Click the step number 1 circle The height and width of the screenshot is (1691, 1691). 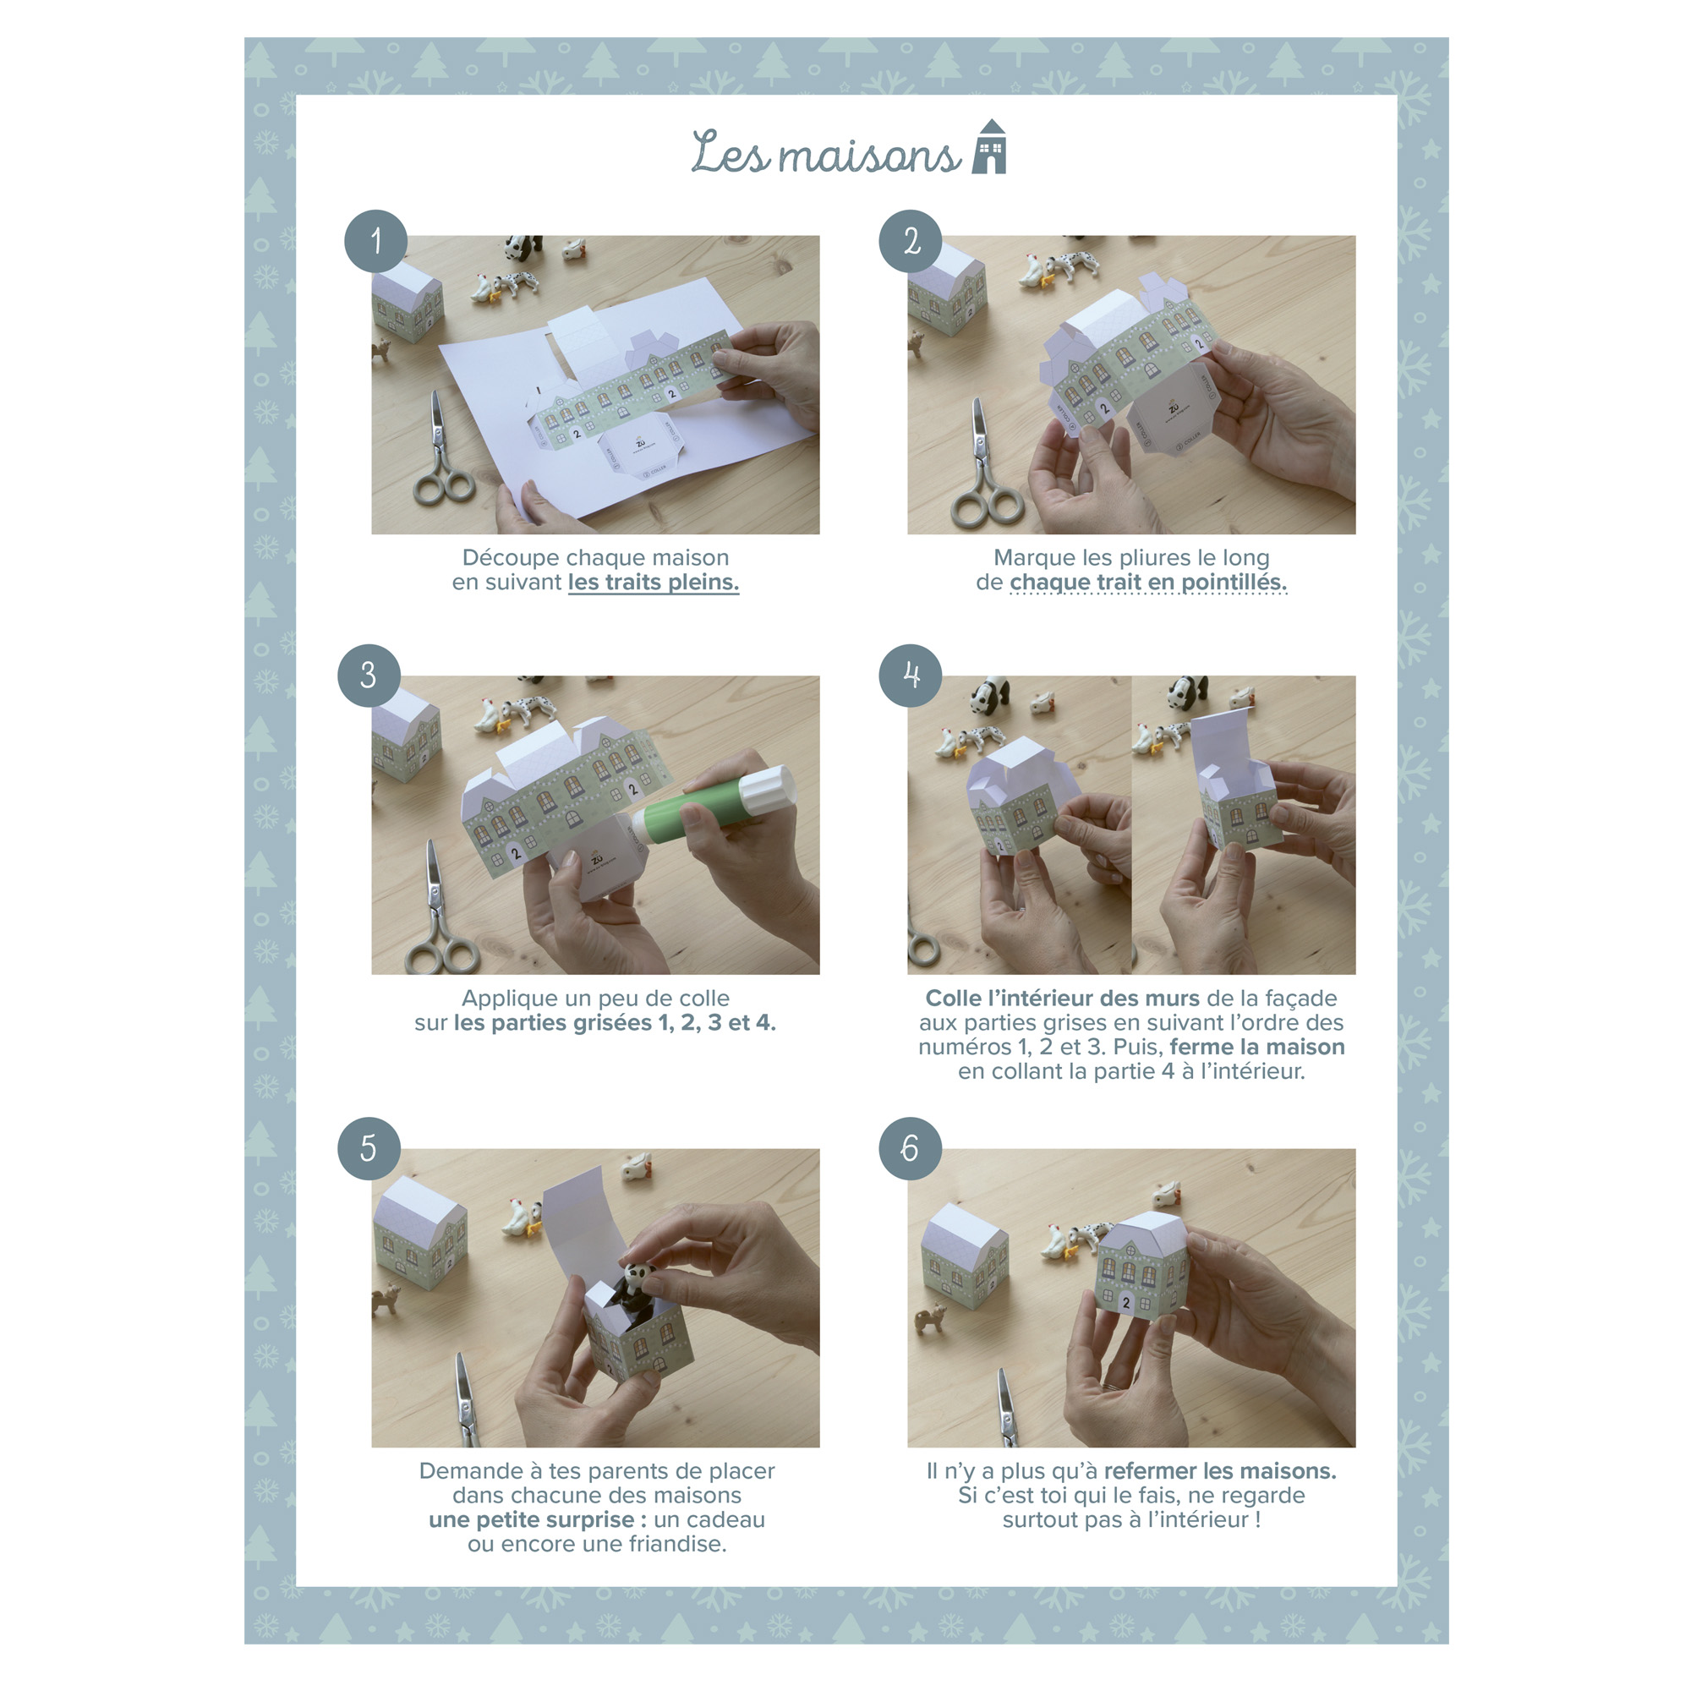[375, 241]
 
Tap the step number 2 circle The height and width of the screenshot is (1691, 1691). [911, 241]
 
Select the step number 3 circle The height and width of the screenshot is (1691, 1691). [369, 676]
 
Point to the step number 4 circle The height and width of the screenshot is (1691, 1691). [911, 676]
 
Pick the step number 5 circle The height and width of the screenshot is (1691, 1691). [369, 1148]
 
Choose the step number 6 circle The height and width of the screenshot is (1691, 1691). [911, 1148]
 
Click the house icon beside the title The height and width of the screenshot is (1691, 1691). [990, 146]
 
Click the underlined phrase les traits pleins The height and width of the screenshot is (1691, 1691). [654, 582]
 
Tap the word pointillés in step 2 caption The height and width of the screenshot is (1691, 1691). [1234, 582]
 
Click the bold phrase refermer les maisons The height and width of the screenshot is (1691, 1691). [1220, 1471]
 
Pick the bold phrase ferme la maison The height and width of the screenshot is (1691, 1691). [1257, 1047]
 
